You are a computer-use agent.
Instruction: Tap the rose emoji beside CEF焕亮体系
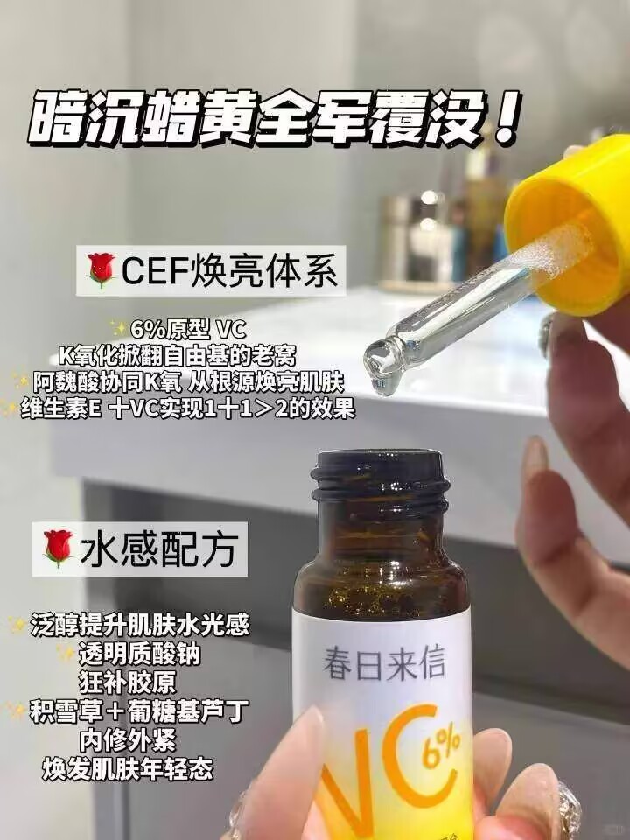[x=102, y=270]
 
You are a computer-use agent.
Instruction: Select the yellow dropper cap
[x=569, y=227]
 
